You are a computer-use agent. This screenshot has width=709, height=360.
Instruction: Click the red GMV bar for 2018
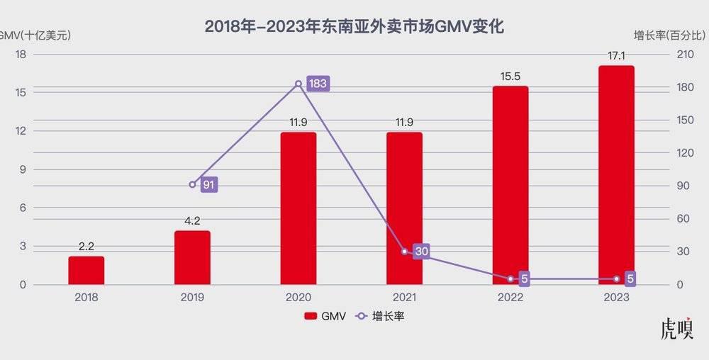pos(86,270)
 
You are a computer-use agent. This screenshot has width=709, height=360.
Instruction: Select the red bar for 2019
pos(192,257)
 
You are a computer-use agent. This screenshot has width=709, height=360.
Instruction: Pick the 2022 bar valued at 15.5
pos(510,185)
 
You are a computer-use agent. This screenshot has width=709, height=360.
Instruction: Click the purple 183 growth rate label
pos(318,84)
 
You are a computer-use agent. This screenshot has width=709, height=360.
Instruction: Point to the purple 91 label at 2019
pos(208,185)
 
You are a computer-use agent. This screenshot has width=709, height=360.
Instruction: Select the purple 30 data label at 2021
pos(422,252)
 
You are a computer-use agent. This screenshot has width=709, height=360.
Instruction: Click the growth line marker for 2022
pos(510,279)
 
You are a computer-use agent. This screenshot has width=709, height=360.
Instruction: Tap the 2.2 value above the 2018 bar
pos(86,247)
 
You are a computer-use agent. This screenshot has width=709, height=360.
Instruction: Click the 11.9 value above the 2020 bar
pos(298,123)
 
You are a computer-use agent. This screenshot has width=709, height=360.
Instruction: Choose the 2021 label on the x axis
pos(404,298)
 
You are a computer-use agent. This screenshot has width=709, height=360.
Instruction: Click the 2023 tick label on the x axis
pos(616,298)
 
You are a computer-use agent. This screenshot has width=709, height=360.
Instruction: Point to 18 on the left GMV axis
pos(21,54)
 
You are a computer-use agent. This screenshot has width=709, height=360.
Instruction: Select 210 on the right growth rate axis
pos(682,54)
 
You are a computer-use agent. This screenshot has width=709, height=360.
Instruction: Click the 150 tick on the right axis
pos(682,120)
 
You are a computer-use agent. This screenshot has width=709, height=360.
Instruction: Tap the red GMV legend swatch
pos(311,317)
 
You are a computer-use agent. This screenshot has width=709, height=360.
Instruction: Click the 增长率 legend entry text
pos(388,317)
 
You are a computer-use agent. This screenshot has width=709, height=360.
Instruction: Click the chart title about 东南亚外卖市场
pos(354,26)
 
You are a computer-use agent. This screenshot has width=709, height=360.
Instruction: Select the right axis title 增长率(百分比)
pos(670,33)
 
